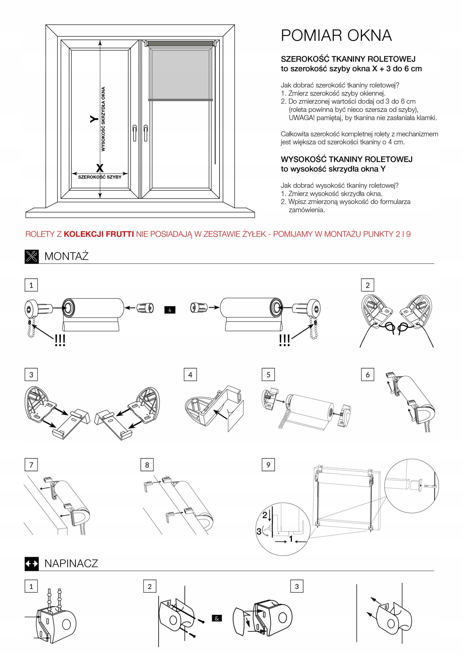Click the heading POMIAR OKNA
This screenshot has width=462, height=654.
point(336,36)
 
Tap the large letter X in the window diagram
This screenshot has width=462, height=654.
point(99,168)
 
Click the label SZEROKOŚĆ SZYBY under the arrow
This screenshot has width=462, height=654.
point(100,177)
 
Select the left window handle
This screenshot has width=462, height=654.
point(134,133)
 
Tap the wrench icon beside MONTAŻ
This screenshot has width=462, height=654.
point(32,256)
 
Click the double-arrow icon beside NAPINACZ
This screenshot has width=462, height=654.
point(32,563)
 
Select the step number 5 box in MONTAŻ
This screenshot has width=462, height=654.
point(268,375)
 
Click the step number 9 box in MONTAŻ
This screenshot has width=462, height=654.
point(268,465)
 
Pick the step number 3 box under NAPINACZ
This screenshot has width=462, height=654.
point(297,586)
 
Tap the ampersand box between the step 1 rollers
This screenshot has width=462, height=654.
point(170,310)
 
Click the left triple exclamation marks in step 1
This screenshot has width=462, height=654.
point(60,340)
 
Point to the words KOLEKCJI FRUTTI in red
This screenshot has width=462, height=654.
point(99,234)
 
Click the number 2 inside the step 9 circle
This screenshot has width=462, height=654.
point(265,515)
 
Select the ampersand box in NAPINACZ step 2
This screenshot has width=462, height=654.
point(217,618)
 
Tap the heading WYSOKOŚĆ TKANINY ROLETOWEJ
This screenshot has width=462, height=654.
point(346,159)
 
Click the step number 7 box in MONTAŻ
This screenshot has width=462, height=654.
point(31,465)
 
